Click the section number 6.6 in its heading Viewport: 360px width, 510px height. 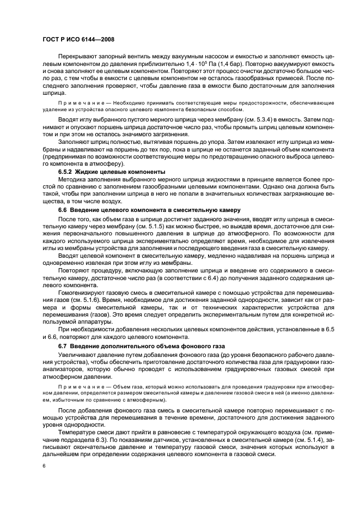64,209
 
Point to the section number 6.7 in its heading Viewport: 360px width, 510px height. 64,346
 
